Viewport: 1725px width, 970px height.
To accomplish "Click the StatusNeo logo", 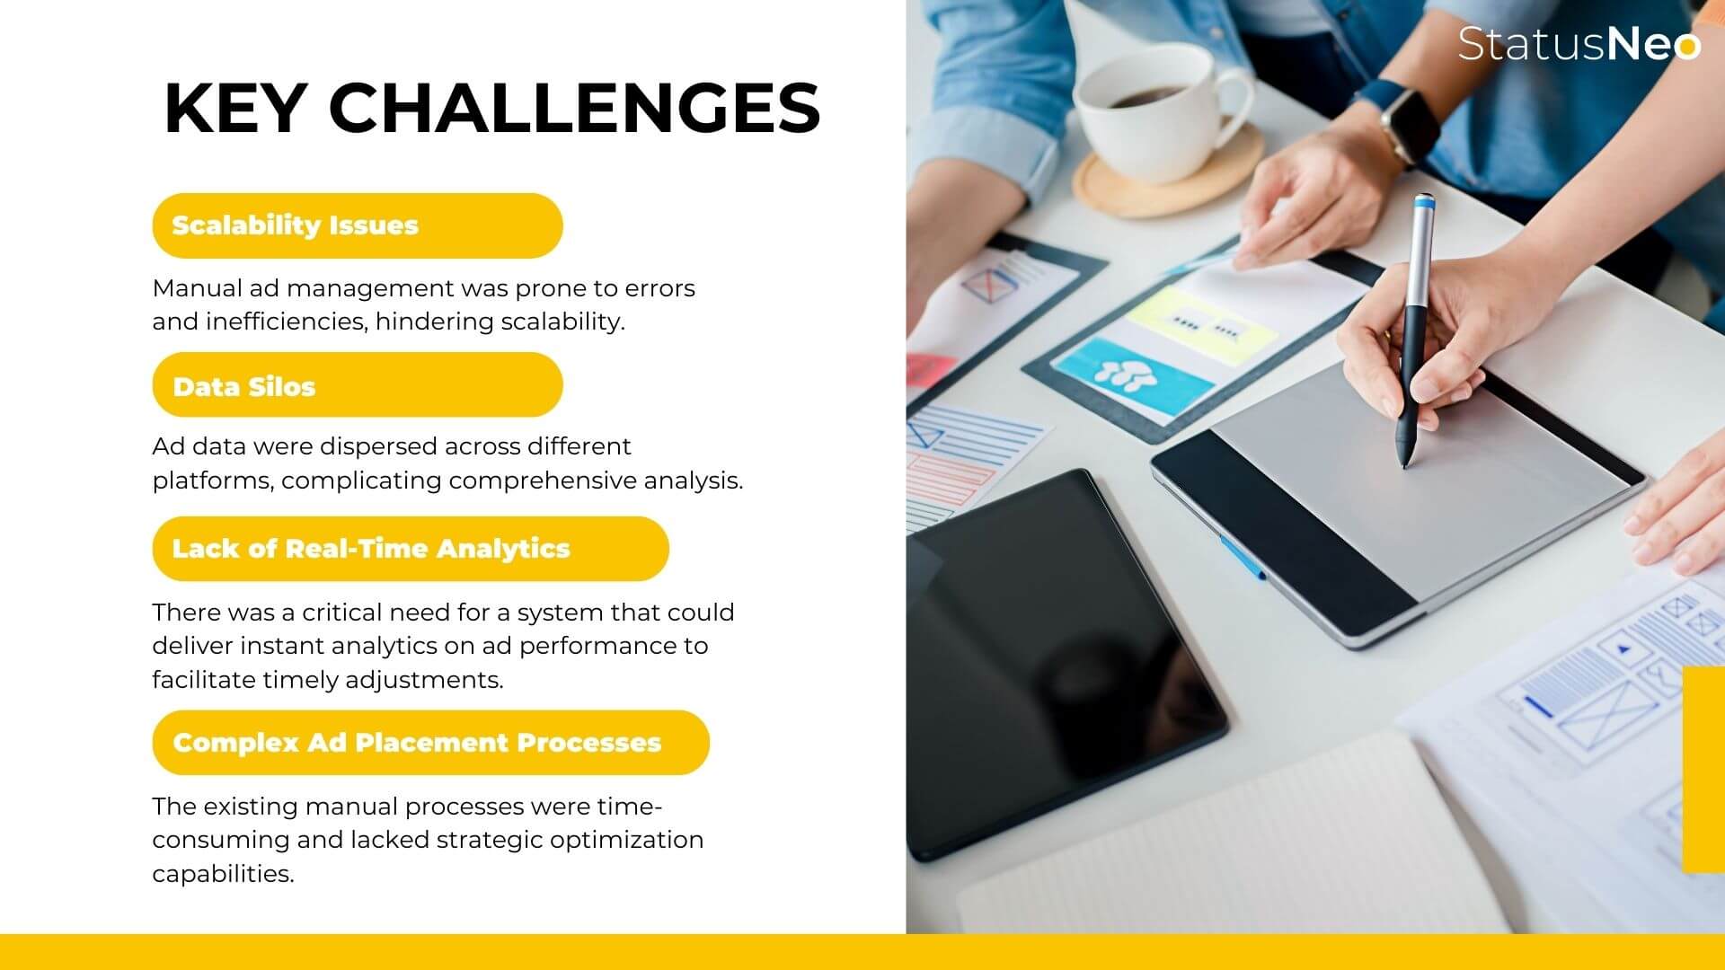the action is click(1579, 43).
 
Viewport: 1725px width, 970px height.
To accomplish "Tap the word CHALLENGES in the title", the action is click(574, 109).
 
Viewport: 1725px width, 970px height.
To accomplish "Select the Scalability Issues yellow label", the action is click(358, 225).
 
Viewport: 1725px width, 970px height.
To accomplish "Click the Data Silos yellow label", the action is click(358, 385).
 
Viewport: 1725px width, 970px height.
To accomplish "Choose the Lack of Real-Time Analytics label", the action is click(411, 549).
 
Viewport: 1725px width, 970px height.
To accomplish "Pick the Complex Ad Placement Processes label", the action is click(430, 743).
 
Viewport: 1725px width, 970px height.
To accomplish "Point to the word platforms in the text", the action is click(212, 481).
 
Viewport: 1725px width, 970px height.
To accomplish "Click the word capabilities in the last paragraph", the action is click(223, 873).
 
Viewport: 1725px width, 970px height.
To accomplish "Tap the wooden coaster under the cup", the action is click(1168, 175).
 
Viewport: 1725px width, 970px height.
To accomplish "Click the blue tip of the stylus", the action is click(1423, 204).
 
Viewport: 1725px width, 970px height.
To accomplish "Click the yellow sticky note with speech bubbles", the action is click(1200, 325).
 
